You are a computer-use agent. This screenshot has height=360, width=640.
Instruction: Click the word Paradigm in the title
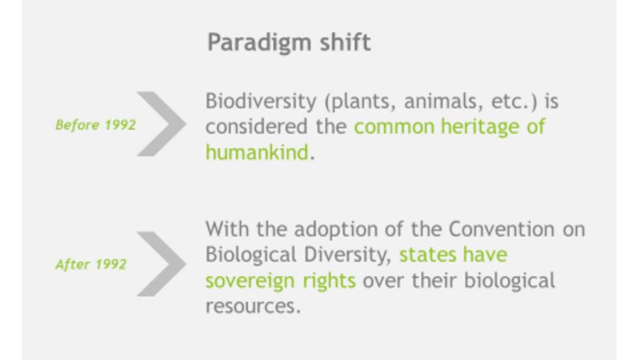pos(260,43)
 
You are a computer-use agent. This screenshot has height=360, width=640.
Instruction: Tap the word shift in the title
pos(346,42)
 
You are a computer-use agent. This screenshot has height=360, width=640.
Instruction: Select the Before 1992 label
pos(95,125)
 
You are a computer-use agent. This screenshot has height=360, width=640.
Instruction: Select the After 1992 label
pos(91,265)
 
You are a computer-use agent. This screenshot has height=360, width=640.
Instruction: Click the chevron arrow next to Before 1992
pos(161,124)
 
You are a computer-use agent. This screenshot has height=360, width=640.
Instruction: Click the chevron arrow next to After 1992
pos(161,264)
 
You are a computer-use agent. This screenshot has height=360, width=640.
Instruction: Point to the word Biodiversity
pos(261,102)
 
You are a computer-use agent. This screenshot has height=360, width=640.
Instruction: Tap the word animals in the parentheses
pos(441,101)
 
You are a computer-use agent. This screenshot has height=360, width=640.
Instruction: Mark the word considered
pos(256,127)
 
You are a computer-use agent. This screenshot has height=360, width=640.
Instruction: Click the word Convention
pos(501,229)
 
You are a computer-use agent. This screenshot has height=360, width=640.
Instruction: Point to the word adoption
pos(336,230)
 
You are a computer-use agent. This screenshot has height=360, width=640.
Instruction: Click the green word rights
pos(329,281)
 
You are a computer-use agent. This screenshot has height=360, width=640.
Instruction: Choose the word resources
pos(253,307)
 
